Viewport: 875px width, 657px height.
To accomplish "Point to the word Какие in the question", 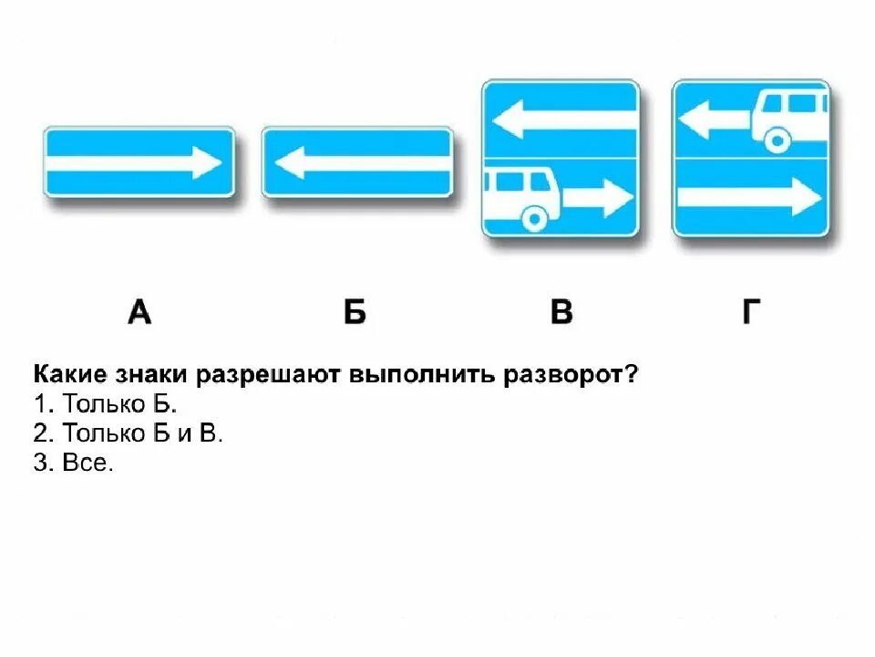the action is (x=69, y=376).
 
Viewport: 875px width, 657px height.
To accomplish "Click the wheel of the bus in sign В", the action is (x=532, y=218).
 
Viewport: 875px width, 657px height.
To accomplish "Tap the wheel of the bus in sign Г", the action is (x=777, y=140).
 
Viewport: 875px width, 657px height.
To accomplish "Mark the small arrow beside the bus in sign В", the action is (x=598, y=195).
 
